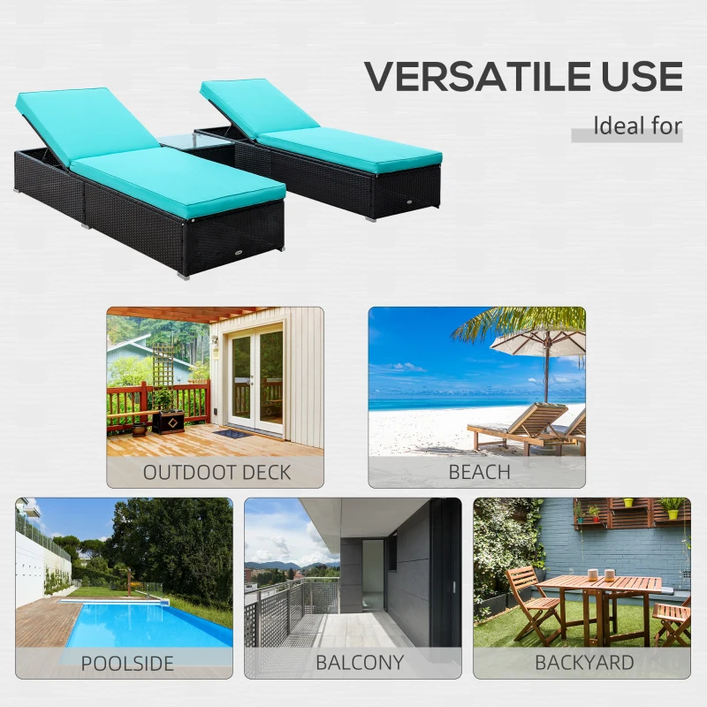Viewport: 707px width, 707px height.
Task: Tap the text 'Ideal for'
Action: [x=637, y=125]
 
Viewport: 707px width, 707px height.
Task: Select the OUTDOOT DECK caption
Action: [x=216, y=472]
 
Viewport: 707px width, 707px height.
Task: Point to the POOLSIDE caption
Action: [x=127, y=663]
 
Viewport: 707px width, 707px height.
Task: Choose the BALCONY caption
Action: [x=359, y=663]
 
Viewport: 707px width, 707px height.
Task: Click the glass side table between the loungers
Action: [x=197, y=141]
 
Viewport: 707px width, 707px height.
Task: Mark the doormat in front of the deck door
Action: [x=232, y=433]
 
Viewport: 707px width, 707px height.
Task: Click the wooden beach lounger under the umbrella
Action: [x=521, y=426]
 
